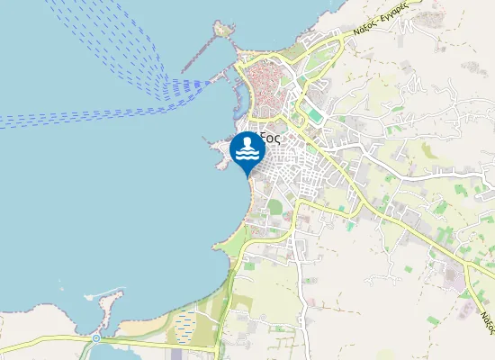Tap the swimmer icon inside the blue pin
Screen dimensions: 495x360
coord(247,149)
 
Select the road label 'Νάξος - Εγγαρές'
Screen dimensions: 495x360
coord(381,19)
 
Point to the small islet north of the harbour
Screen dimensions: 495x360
coord(221,30)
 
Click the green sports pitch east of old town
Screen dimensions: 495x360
coord(312,113)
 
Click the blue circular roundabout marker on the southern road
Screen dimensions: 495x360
coord(95,338)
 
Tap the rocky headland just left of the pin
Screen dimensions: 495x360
coord(219,153)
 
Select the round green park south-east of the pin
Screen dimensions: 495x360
coord(275,207)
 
